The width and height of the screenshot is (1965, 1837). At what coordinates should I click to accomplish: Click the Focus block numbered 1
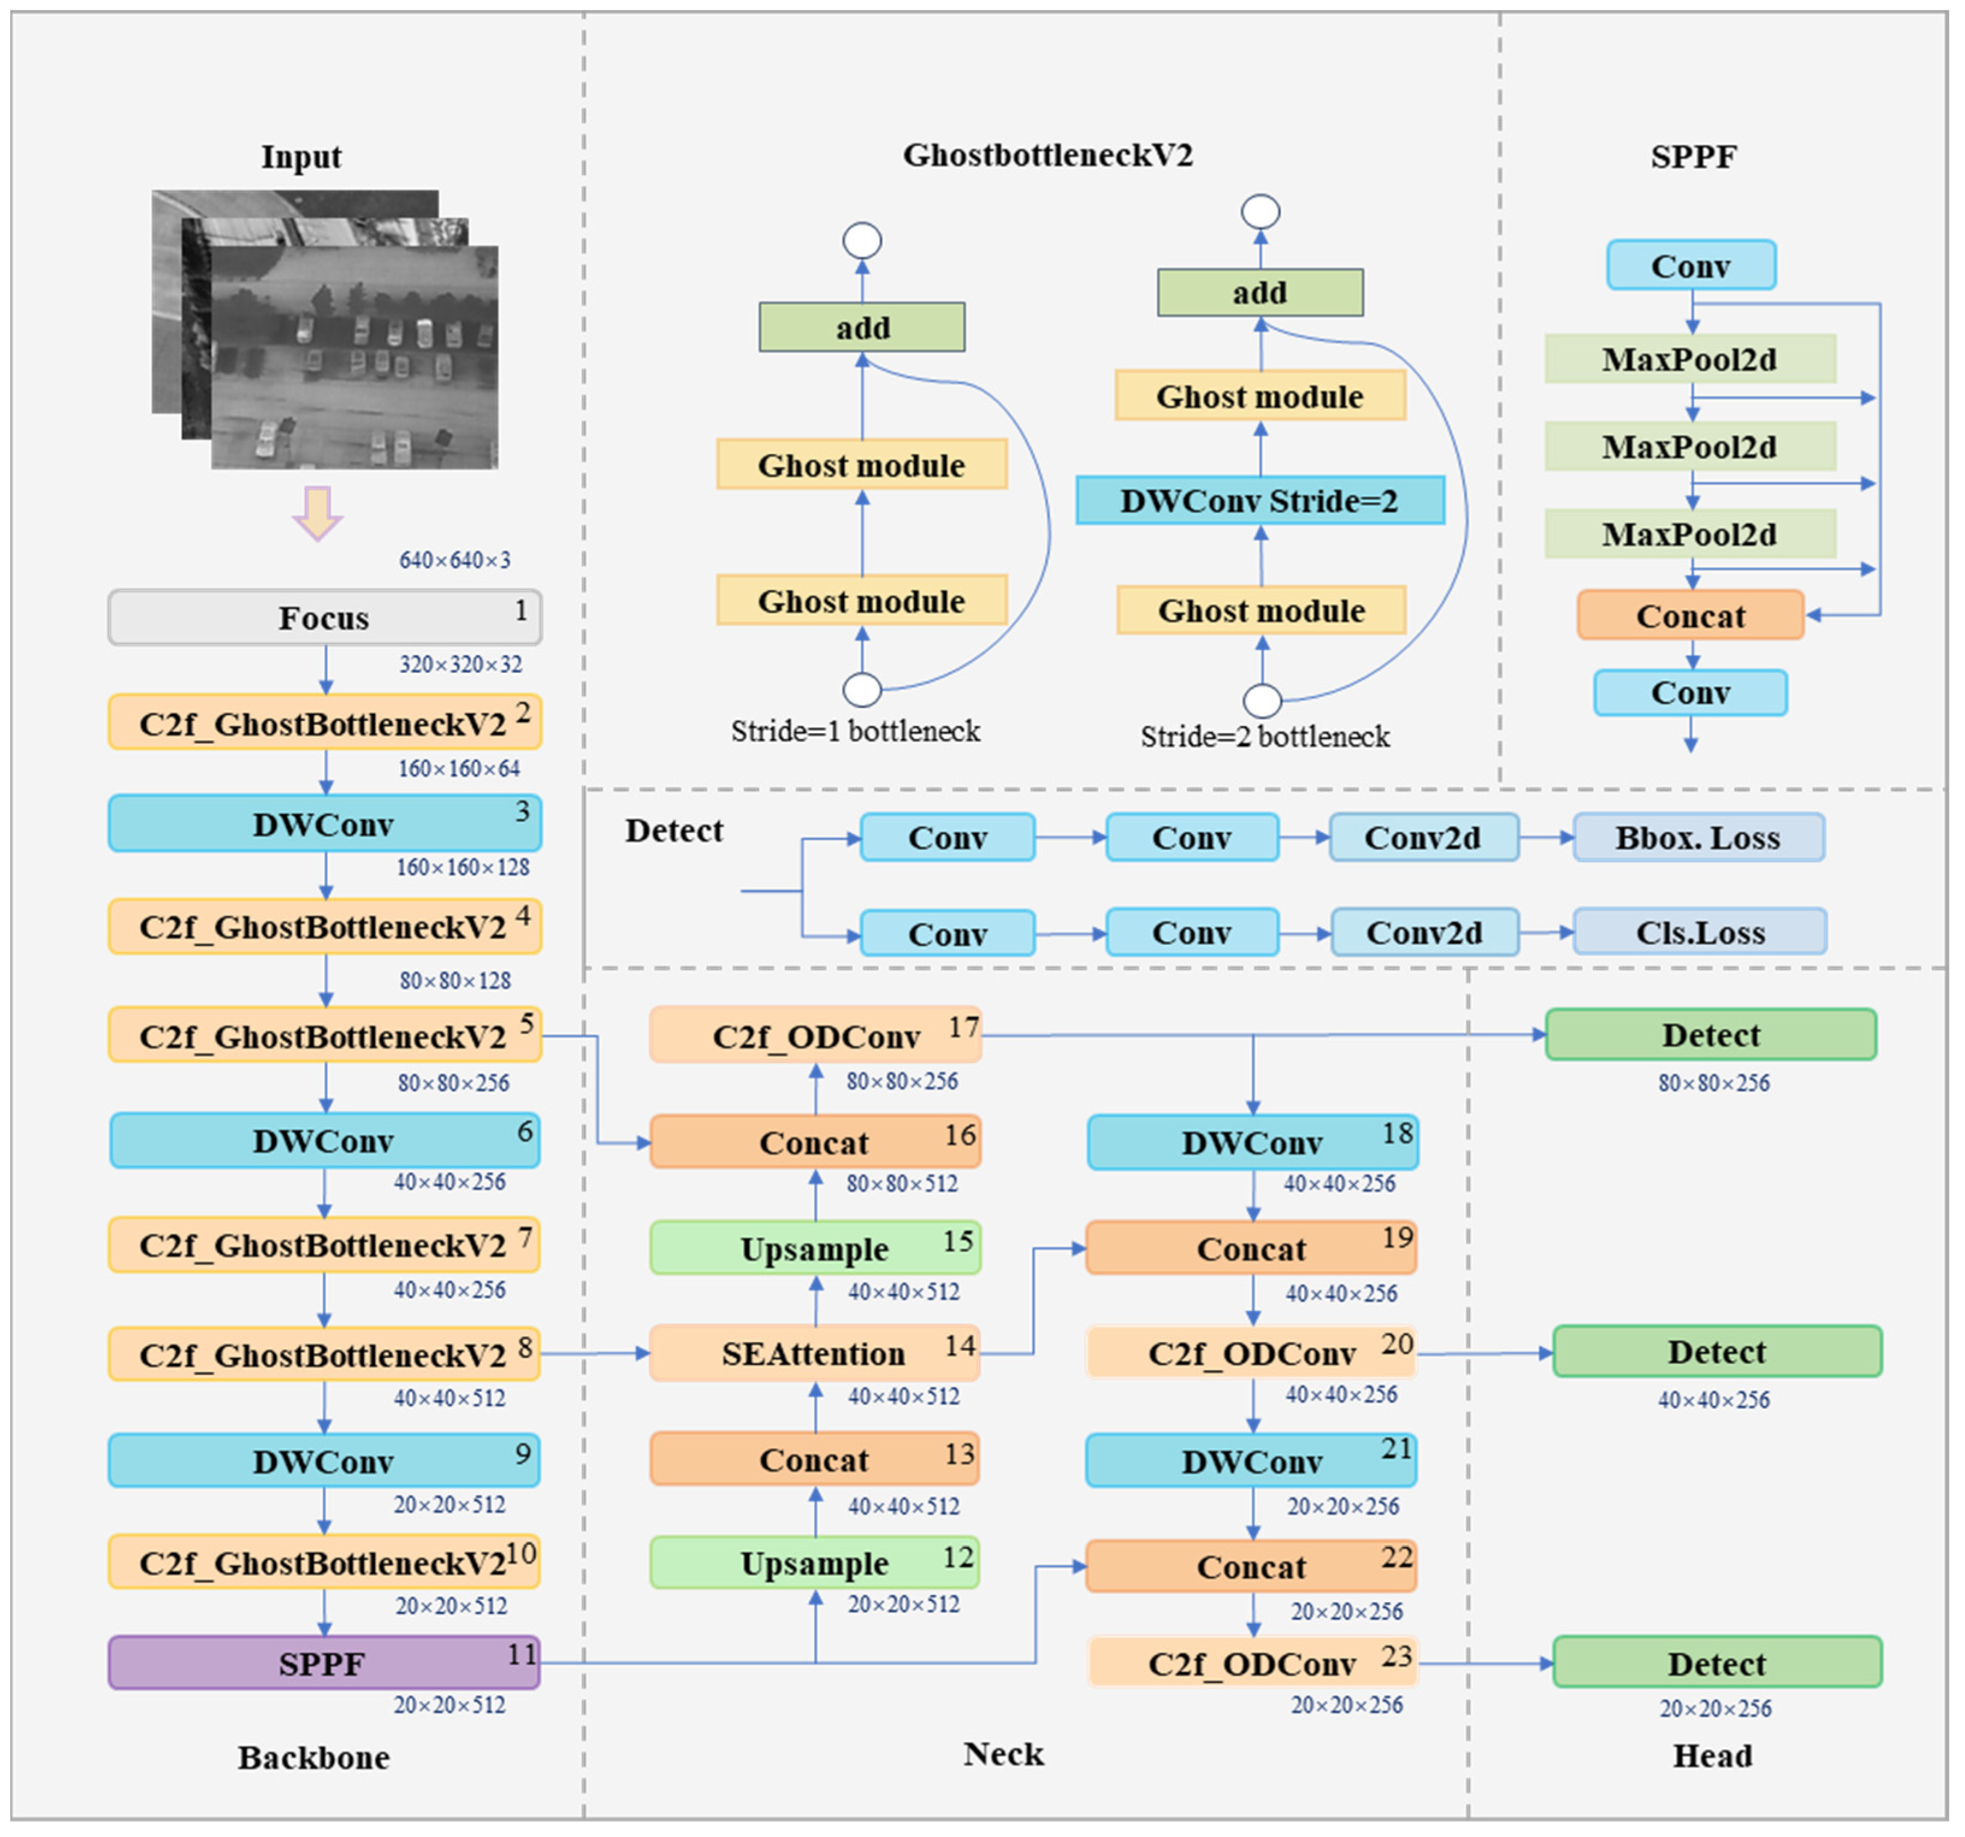(x=324, y=618)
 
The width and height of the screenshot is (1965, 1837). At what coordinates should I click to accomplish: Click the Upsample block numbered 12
(x=815, y=1563)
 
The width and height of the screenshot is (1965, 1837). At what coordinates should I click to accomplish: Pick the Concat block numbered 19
(x=1251, y=1248)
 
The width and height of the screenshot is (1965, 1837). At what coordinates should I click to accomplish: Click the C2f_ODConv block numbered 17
(x=815, y=1035)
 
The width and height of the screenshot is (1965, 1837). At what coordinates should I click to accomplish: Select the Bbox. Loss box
(x=1698, y=837)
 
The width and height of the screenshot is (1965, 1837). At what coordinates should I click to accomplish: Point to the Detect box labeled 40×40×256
(x=1717, y=1351)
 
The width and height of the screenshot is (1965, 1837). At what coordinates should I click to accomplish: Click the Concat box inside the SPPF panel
(x=1690, y=615)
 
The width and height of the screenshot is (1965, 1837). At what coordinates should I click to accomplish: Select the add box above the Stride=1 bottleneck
(x=862, y=327)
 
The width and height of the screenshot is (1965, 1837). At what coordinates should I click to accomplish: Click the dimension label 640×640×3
(x=455, y=560)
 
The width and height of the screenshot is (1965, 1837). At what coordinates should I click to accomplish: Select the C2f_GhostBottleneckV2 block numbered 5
(x=324, y=1035)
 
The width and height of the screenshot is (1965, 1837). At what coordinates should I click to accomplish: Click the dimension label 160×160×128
(x=463, y=867)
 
